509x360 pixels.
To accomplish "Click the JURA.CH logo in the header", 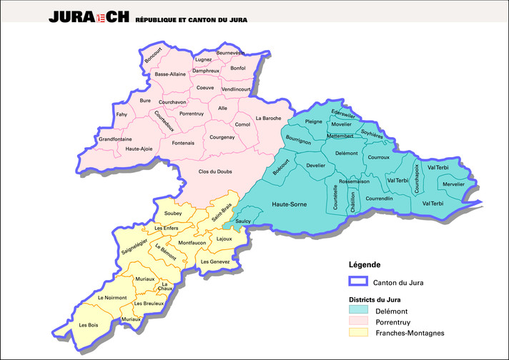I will point(90,17).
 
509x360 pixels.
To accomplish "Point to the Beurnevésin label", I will point(230,53).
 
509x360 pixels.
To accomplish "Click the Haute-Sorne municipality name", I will point(289,205).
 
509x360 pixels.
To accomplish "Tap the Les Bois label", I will point(89,325).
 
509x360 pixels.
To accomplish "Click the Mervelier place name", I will point(453,184).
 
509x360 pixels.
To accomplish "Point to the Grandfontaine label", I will point(115,139).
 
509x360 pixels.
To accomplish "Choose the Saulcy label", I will point(243,221).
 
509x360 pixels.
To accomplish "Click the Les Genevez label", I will point(215,261).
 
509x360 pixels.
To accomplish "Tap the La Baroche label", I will point(269,118).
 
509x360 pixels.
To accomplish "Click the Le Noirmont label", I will point(111,297).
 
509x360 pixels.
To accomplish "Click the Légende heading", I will point(365,265).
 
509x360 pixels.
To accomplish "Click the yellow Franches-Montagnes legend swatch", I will point(358,332).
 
